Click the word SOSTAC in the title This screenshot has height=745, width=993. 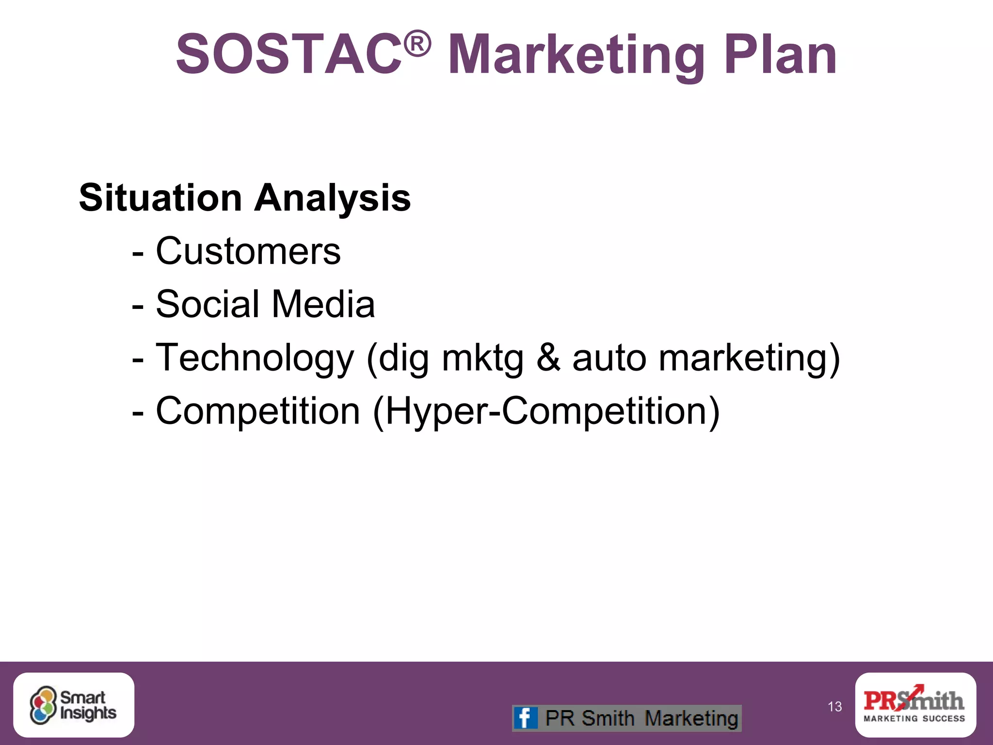(x=289, y=54)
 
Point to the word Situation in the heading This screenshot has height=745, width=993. (x=160, y=198)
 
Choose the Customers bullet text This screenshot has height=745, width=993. (x=248, y=251)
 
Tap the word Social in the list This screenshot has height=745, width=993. (x=208, y=304)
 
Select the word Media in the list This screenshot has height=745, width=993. (x=323, y=304)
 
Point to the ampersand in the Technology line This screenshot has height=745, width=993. (x=548, y=358)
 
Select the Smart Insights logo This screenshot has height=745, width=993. (x=74, y=705)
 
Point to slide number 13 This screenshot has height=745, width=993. (x=834, y=707)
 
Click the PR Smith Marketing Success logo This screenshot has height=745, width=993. (x=915, y=705)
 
